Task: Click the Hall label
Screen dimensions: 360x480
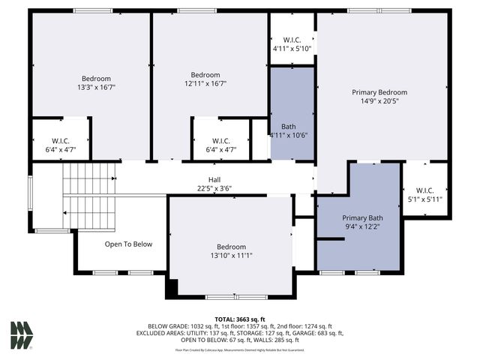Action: pyautogui.click(x=214, y=180)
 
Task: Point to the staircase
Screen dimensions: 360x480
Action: pyautogui.click(x=88, y=196)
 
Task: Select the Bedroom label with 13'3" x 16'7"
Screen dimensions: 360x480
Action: pyautogui.click(x=96, y=79)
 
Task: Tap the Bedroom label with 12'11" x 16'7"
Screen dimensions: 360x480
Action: pyautogui.click(x=205, y=75)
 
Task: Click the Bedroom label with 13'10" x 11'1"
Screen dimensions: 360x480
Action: pyautogui.click(x=231, y=247)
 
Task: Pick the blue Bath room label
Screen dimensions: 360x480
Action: pyautogui.click(x=289, y=126)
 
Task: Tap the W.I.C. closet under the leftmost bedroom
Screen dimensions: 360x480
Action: pyautogui.click(x=61, y=141)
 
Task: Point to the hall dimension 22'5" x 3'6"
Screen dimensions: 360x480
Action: pyautogui.click(x=214, y=189)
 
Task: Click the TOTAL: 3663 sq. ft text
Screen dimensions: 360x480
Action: pyautogui.click(x=240, y=319)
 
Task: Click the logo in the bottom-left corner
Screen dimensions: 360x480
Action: pyautogui.click(x=22, y=334)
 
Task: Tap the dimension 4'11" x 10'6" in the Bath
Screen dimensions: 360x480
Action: pyautogui.click(x=290, y=135)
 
